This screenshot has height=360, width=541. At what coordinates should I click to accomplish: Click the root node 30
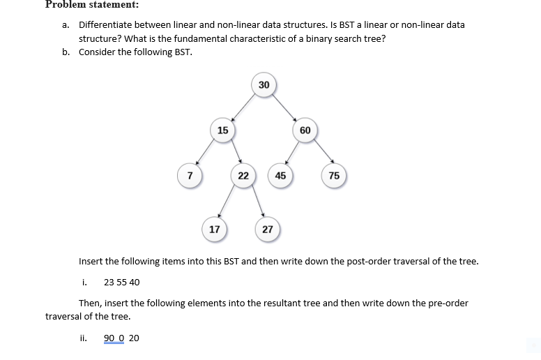[264, 85]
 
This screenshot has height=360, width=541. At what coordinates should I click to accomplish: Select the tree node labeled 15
[222, 130]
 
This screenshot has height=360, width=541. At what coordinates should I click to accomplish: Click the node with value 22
[243, 175]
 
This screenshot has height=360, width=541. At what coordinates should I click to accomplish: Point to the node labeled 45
[280, 175]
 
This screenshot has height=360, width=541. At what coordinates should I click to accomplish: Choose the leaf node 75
[334, 175]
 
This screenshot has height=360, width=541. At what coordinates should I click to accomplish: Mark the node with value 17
[215, 229]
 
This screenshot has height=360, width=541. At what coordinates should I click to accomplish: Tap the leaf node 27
[268, 229]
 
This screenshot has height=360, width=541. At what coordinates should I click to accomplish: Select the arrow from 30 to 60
[285, 107]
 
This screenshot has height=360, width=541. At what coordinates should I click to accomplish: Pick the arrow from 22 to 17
[227, 204]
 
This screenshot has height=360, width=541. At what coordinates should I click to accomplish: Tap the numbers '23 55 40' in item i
[121, 283]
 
